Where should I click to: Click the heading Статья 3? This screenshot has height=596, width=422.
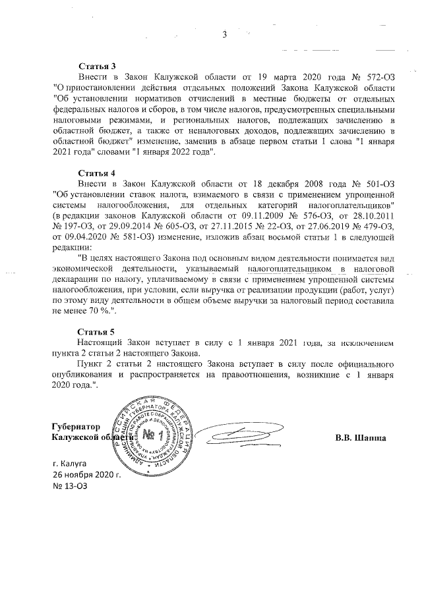pos(98,67)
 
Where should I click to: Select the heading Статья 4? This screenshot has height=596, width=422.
pos(98,173)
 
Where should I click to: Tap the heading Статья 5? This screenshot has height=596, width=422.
pos(98,331)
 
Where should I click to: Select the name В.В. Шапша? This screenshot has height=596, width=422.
pos(359,437)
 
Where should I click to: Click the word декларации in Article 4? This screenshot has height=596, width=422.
pos(79,278)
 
